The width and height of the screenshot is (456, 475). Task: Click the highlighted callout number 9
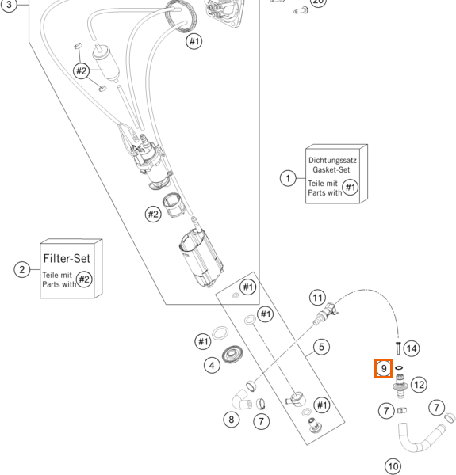click(x=384, y=369)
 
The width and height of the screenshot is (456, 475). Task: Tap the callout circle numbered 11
click(x=318, y=298)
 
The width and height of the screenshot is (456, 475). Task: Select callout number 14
click(x=412, y=348)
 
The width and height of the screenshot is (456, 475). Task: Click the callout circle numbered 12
click(x=419, y=385)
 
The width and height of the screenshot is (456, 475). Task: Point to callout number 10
click(x=393, y=466)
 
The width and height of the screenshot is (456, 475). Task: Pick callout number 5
click(x=321, y=348)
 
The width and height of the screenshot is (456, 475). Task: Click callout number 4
click(x=212, y=365)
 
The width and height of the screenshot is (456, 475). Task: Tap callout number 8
click(x=232, y=420)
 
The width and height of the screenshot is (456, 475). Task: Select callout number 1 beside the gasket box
click(x=288, y=178)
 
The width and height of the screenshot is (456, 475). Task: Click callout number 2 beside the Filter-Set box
click(x=22, y=269)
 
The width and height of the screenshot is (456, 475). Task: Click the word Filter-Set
click(x=67, y=258)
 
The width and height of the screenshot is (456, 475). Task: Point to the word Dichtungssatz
click(x=332, y=160)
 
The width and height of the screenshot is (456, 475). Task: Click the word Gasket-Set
click(x=331, y=169)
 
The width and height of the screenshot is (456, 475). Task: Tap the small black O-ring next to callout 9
click(x=399, y=368)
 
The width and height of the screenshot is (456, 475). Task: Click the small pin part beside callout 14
click(x=398, y=348)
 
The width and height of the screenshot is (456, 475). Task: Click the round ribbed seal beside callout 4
click(x=232, y=354)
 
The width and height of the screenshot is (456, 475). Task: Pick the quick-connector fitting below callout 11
click(x=326, y=313)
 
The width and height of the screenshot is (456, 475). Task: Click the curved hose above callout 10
click(x=420, y=439)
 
